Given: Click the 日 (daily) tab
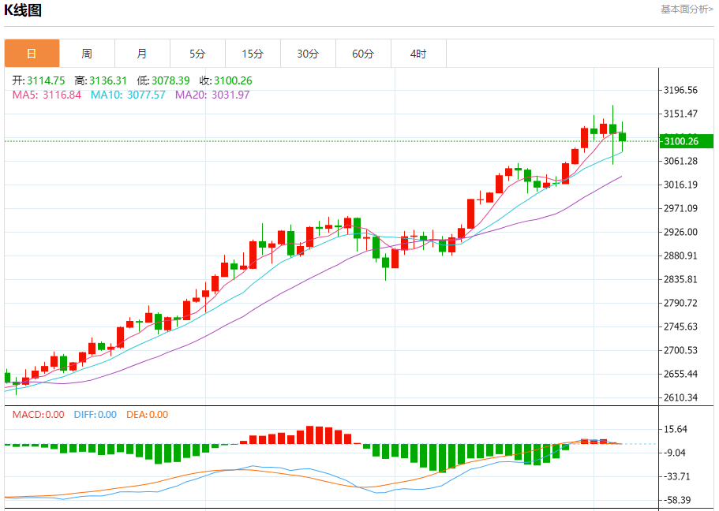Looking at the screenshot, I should coord(32,54).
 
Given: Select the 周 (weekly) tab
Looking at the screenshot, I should coord(87,54).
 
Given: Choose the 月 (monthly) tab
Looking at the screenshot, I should coord(142,54).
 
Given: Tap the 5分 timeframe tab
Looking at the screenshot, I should coord(197,54).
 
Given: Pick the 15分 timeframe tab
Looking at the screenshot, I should coord(253,54).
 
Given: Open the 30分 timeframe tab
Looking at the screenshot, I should coord(308,54).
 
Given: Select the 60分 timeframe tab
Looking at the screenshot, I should coord(363,54).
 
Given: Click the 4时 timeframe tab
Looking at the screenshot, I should coord(418,54).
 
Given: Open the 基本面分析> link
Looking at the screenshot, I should coord(687,9).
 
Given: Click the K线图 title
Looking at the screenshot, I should coord(24,10).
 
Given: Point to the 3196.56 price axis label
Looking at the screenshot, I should coord(681,90).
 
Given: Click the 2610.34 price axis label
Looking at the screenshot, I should coord(681,397).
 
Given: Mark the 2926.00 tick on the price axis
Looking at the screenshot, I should coord(681,232).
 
